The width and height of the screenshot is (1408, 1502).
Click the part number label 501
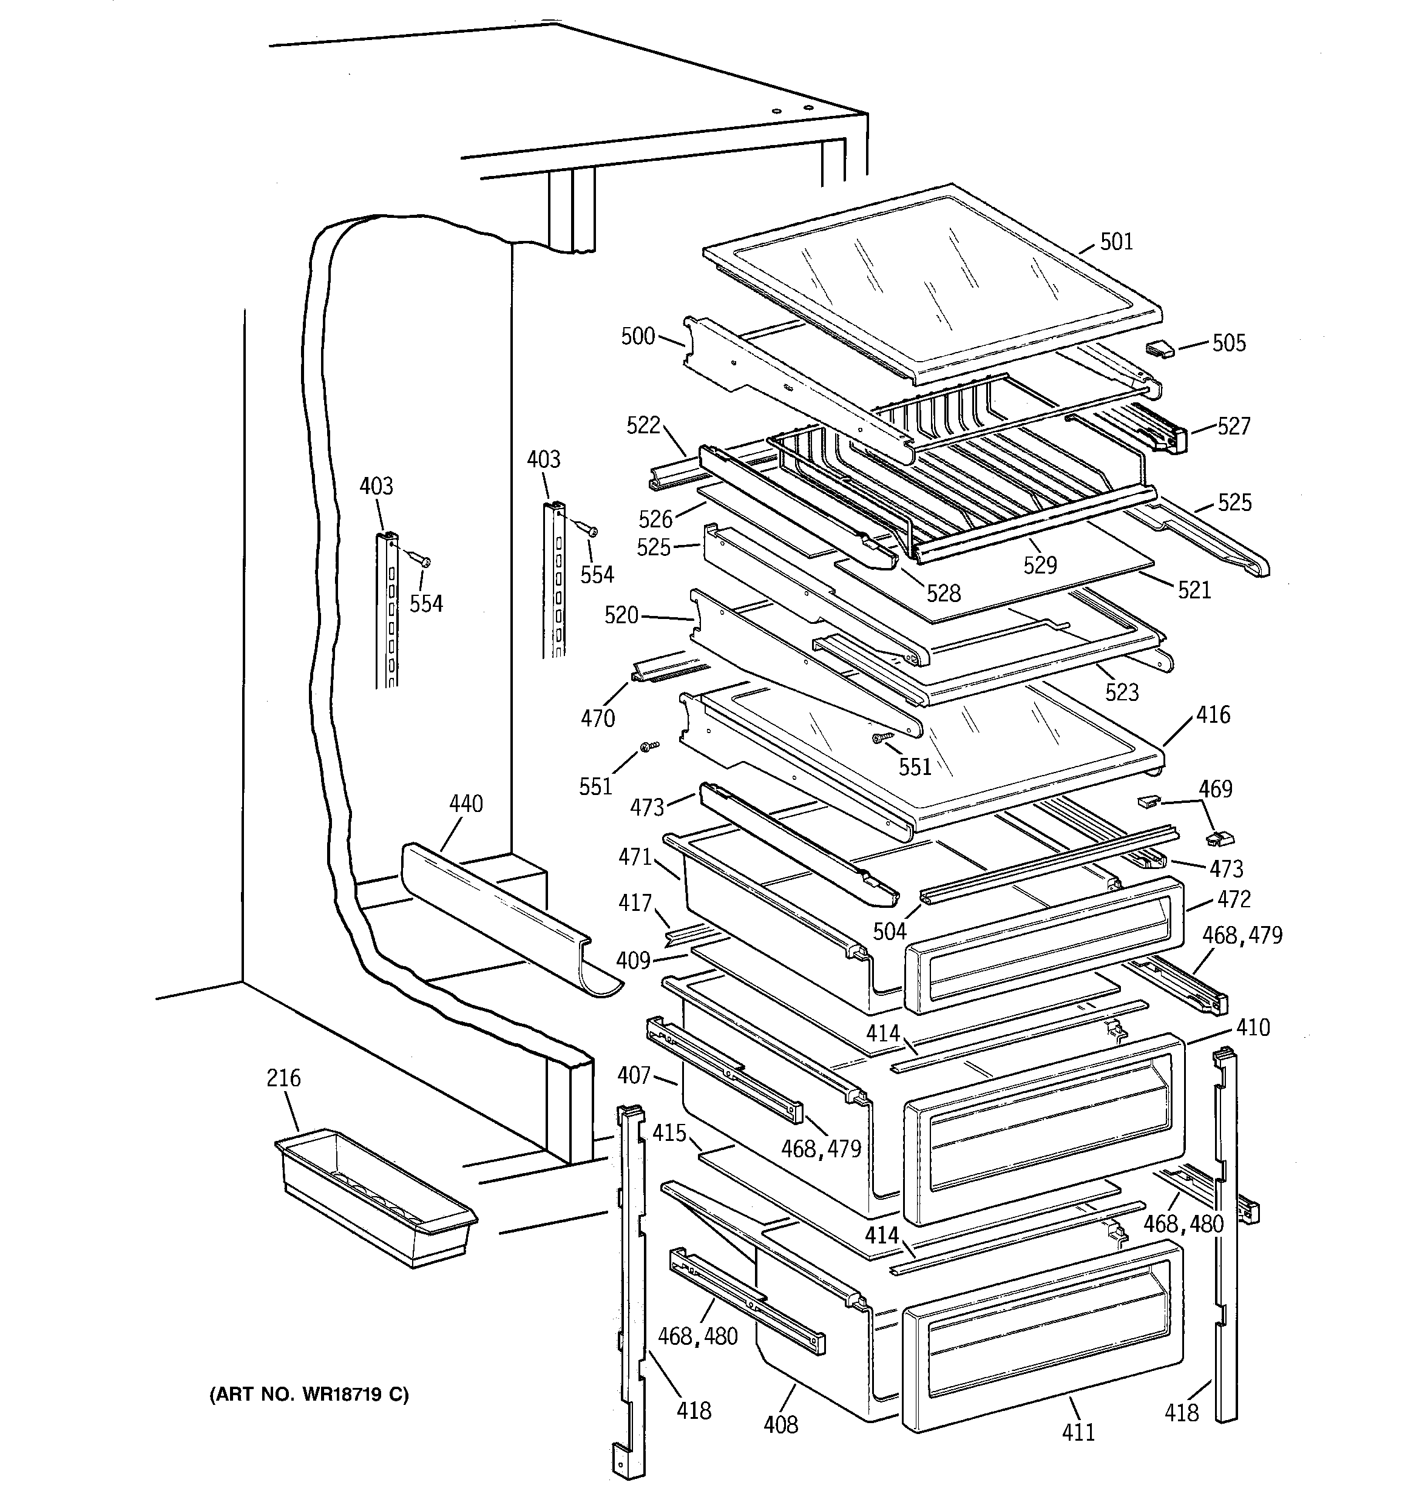tap(1116, 242)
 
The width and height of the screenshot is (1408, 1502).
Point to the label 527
tap(1233, 426)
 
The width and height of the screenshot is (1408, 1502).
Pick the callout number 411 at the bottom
tap(1078, 1432)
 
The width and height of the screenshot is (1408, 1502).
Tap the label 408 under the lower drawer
tap(780, 1424)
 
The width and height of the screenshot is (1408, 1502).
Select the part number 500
tap(638, 336)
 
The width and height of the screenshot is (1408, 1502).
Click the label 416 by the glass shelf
tap(1213, 715)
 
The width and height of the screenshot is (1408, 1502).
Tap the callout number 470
tap(597, 718)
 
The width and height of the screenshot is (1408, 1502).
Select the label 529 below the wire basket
tap(1040, 564)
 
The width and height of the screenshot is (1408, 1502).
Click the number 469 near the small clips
tap(1215, 789)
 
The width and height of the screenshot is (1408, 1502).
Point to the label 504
tap(890, 932)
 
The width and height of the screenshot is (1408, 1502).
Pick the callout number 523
tap(1122, 691)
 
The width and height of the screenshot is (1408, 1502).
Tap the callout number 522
tap(643, 425)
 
